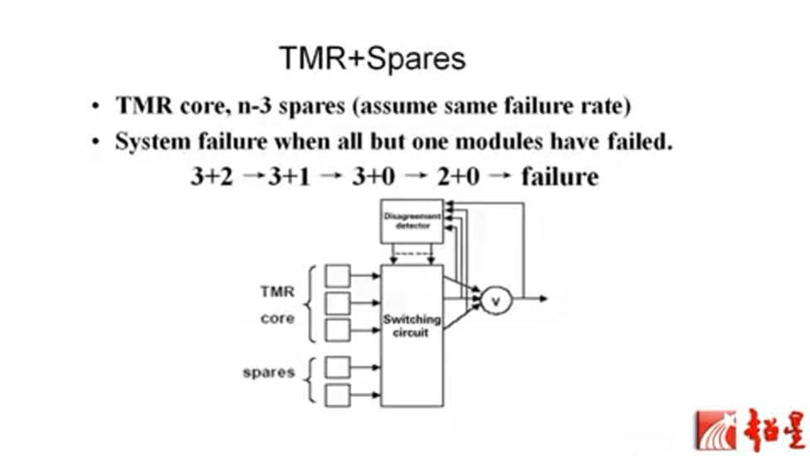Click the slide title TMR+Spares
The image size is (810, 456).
(372, 60)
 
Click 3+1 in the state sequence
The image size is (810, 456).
(289, 176)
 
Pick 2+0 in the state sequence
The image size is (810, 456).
(459, 176)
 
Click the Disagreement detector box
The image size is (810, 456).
(412, 221)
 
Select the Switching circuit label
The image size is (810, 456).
(412, 326)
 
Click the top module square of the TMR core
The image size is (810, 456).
(338, 275)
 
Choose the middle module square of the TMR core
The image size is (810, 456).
(338, 302)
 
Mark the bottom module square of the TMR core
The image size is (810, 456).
(338, 330)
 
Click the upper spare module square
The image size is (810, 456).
(338, 366)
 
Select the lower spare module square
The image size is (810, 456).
(338, 395)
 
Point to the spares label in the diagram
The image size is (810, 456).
(268, 372)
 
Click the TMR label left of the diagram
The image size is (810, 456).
(276, 292)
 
